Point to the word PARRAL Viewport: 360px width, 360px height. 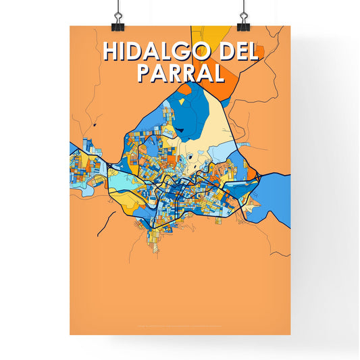click(x=180, y=72)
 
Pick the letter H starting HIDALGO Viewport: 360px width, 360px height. click(x=108, y=53)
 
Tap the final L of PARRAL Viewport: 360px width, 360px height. click(x=217, y=72)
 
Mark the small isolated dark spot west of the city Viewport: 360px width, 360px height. click(x=97, y=125)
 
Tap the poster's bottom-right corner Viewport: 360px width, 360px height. click(x=290, y=335)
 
